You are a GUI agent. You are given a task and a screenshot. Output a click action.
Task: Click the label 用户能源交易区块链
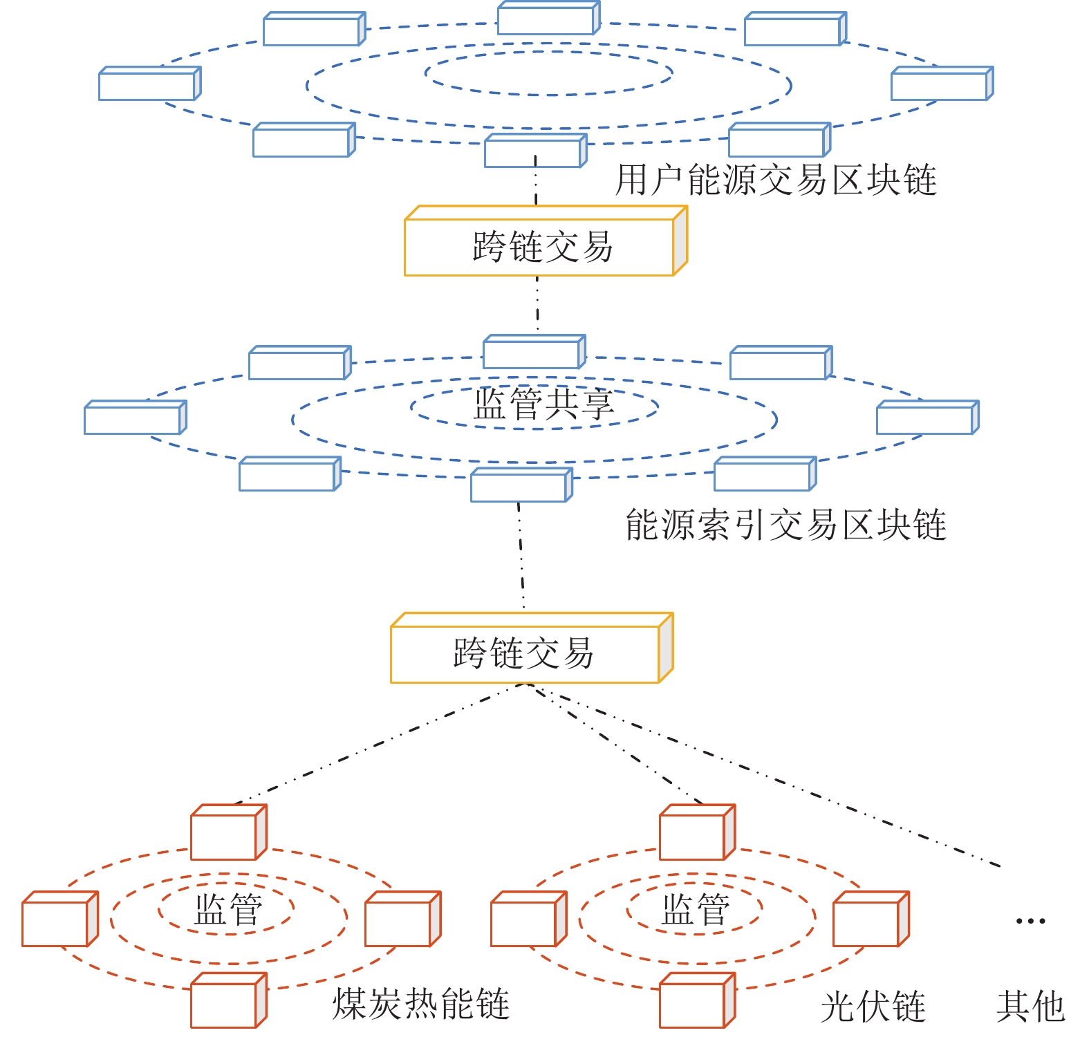point(776,180)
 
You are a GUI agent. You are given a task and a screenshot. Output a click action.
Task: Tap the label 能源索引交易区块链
point(785,525)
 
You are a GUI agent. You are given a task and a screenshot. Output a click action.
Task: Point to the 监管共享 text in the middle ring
point(543,405)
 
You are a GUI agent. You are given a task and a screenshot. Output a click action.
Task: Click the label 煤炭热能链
point(420,1005)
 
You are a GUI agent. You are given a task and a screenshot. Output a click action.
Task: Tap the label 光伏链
point(873,1007)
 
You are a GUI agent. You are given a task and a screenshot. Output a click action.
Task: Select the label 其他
point(1030,1007)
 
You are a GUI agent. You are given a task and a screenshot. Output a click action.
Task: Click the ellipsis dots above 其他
point(1030,921)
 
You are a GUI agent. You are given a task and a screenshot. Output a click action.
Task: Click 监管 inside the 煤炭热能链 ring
point(228,910)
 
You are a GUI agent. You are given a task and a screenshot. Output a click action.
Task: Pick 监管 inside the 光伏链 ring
point(696,910)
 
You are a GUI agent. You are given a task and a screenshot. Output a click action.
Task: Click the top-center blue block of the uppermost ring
point(548,19)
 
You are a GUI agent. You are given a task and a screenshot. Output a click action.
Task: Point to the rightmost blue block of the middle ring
point(927,418)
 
